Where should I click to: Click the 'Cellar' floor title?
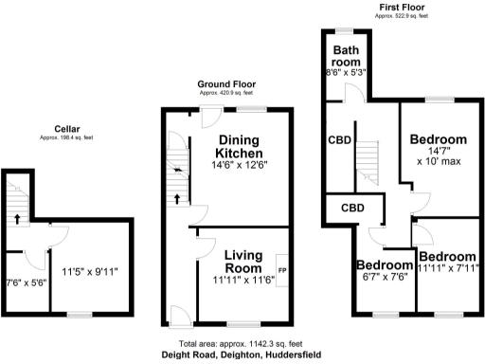[66, 131]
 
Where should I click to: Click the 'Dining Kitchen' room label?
[240, 147]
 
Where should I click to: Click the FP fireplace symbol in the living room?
[281, 271]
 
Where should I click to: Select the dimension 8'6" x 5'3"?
[345, 70]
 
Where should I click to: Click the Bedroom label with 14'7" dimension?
[438, 139]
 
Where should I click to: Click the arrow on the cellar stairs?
[16, 219]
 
